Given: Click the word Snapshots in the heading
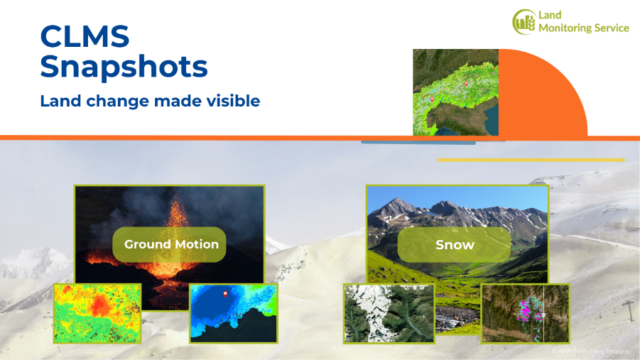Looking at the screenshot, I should [x=124, y=67].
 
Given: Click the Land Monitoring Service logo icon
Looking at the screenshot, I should [x=524, y=21].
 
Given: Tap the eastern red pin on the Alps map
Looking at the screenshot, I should [x=467, y=83].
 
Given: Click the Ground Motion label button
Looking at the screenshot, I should [x=171, y=244].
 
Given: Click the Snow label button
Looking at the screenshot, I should [x=455, y=245].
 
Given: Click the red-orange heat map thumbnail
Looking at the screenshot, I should [x=97, y=312].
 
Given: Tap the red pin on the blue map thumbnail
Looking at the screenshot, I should [x=226, y=293].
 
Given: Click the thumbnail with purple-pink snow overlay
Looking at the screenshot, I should [x=526, y=313].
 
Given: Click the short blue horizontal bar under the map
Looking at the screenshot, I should [x=418, y=143].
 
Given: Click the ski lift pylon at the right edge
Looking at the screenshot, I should [x=628, y=312].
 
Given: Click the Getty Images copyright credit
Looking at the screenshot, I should [x=590, y=351].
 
